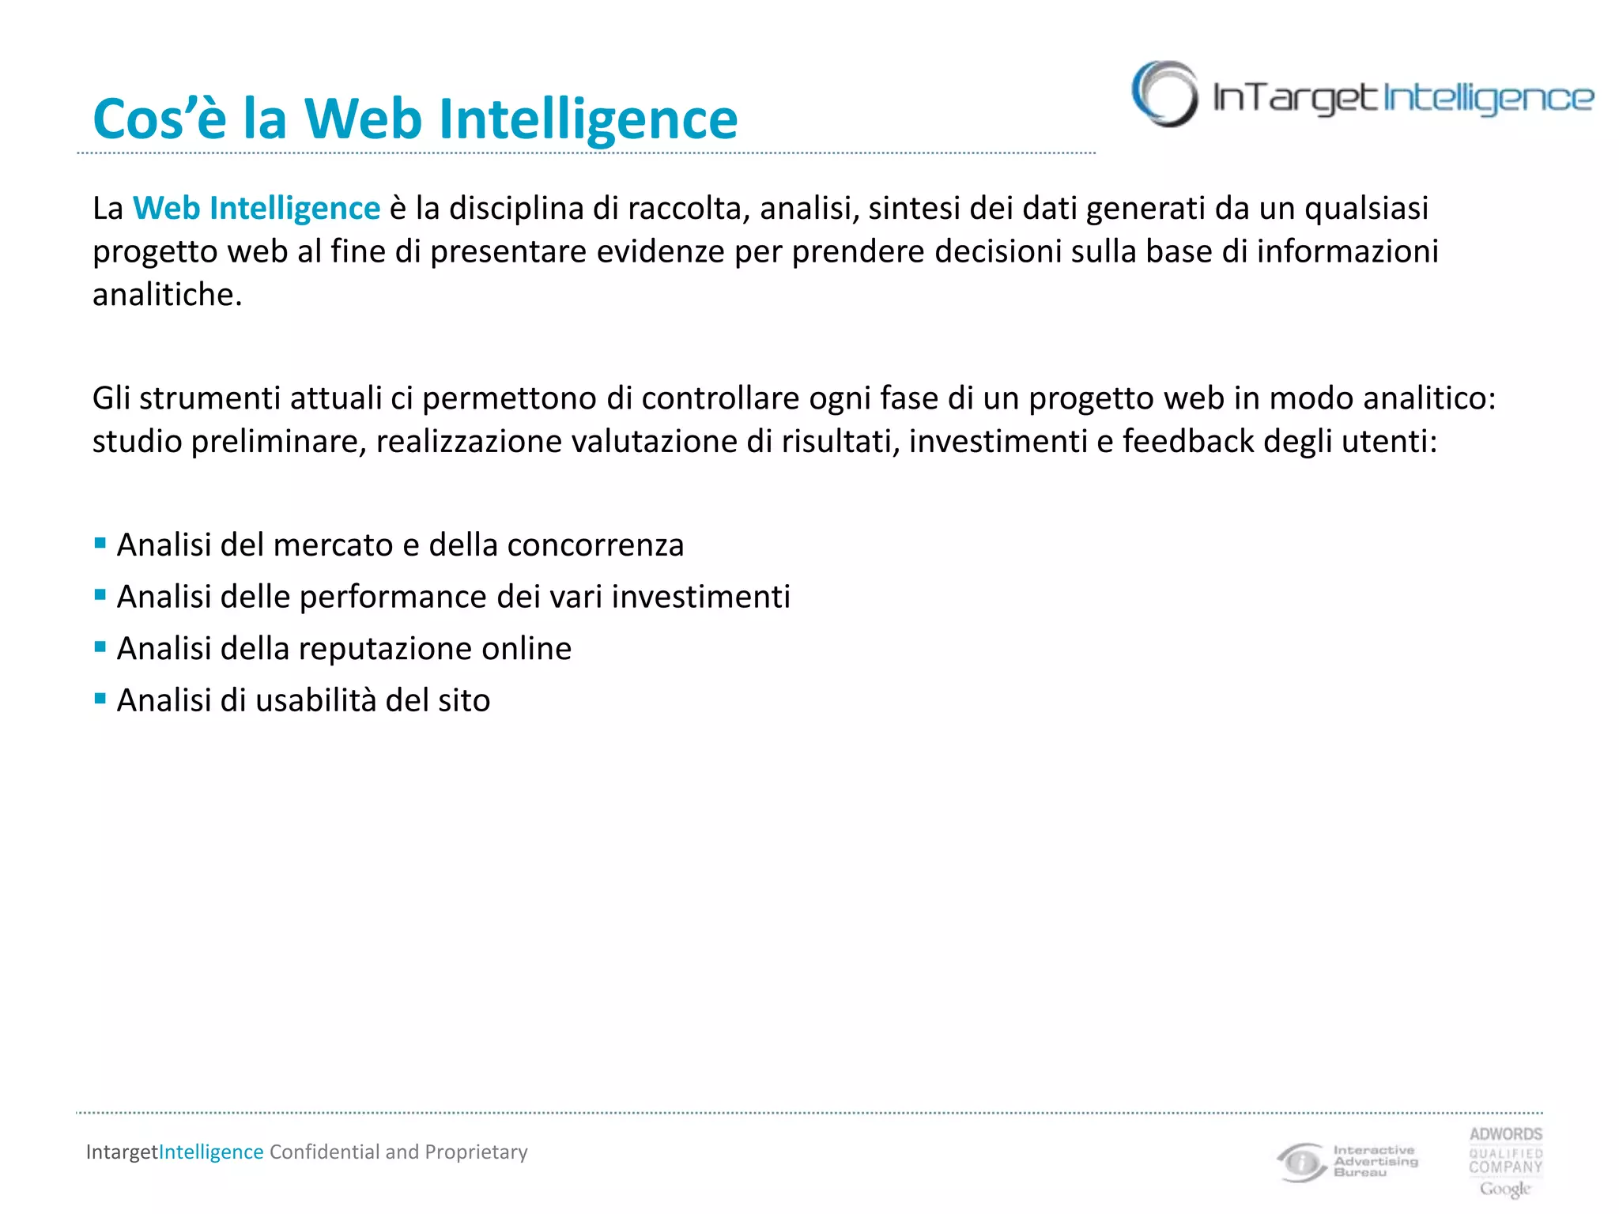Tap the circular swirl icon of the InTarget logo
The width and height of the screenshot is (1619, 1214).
tap(1164, 94)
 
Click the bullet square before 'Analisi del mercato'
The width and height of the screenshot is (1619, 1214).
tap(100, 543)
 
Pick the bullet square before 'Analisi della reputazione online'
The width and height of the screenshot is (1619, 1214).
tap(100, 647)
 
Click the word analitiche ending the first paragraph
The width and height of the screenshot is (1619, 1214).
tap(167, 295)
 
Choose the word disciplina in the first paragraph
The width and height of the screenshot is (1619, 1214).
tap(516, 209)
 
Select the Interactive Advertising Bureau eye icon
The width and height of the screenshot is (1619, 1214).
tap(1300, 1162)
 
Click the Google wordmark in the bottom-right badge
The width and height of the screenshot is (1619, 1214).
tap(1505, 1189)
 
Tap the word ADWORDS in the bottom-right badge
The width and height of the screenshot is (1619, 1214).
tap(1506, 1134)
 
